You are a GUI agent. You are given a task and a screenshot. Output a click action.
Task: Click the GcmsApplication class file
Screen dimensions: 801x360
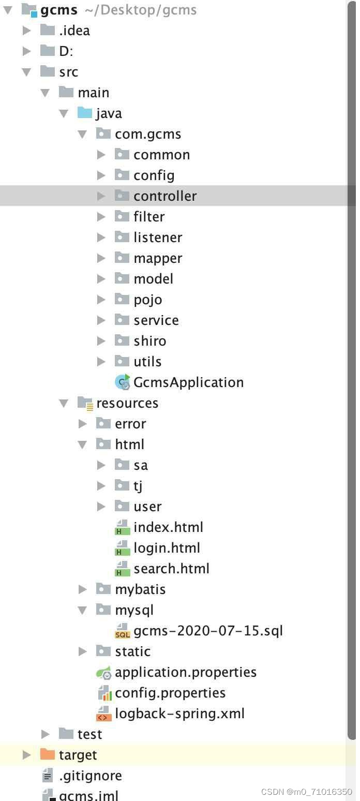(x=188, y=382)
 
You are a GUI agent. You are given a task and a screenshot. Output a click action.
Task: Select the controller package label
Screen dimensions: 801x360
(x=165, y=196)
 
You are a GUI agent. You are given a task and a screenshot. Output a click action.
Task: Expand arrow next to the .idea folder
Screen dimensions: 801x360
(x=27, y=31)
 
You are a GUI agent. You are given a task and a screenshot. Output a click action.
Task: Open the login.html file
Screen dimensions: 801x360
(x=167, y=548)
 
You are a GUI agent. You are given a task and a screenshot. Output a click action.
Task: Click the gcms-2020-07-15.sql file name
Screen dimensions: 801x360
(x=208, y=631)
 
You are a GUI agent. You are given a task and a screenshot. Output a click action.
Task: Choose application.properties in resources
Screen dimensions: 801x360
(x=185, y=672)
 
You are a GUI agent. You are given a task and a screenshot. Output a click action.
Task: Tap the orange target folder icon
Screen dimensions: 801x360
(x=48, y=754)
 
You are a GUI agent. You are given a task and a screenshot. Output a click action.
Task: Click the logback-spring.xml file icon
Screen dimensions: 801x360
(x=103, y=714)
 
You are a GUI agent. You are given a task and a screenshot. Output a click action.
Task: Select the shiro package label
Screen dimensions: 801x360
(x=149, y=341)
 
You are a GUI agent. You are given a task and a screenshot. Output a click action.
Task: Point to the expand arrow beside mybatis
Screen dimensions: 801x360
(x=83, y=589)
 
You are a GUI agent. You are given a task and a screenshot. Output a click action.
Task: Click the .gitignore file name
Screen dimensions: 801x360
(x=90, y=776)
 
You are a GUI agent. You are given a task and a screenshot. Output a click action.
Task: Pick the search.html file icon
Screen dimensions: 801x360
(x=122, y=569)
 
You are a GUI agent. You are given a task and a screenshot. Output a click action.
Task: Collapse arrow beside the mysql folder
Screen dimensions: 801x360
(x=83, y=610)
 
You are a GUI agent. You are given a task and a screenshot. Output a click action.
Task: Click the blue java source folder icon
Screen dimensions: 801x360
(x=85, y=113)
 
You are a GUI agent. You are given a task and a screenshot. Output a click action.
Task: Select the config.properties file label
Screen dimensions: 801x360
(x=170, y=693)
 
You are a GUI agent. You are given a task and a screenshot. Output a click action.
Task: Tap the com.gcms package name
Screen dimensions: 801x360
(x=148, y=134)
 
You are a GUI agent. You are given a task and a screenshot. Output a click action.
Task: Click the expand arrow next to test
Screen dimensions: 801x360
(x=46, y=734)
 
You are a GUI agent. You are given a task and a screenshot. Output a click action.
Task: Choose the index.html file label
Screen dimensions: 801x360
(x=168, y=527)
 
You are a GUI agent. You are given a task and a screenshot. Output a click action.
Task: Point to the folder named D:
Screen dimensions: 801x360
(x=66, y=51)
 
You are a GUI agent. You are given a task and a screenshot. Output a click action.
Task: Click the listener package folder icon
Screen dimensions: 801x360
(x=122, y=237)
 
